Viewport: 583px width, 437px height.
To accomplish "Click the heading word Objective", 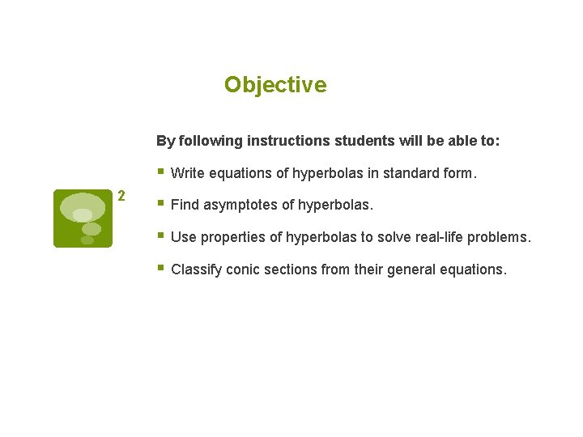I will coord(275,85).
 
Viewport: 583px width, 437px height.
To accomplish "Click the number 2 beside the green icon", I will coord(121,196).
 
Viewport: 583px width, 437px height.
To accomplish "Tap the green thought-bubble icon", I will coord(83,218).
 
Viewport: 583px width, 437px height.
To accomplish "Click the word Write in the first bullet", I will coord(187,173).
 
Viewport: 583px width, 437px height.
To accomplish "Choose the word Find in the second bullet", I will coord(185,206).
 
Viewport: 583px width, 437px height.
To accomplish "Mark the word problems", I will coord(501,238).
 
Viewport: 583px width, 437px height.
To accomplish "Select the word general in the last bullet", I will coord(408,269).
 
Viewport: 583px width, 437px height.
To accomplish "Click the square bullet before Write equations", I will coord(161,172).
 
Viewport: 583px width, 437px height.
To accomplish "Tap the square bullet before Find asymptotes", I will coord(161,204).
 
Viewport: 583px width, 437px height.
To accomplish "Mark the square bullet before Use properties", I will coord(161,236).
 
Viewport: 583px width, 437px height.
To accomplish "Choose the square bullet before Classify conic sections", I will coord(161,268).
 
